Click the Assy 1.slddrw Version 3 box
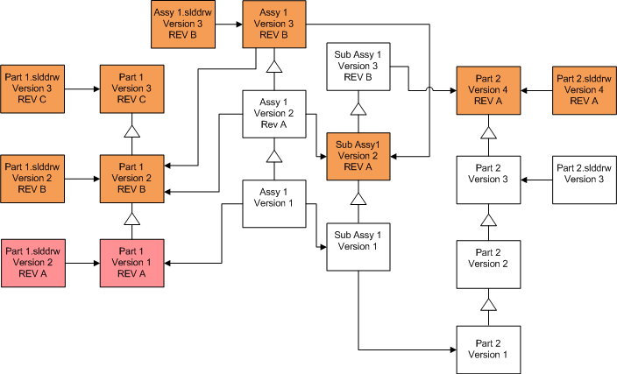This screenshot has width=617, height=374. (182, 26)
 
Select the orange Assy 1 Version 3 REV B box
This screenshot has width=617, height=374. (274, 26)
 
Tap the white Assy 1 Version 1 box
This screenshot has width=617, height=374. (274, 203)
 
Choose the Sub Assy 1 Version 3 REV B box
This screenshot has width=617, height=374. (358, 67)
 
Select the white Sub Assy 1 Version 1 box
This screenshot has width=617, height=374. (358, 246)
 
